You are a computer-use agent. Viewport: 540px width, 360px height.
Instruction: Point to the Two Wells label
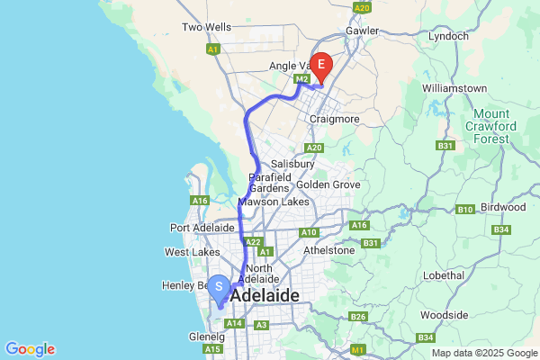[206, 28]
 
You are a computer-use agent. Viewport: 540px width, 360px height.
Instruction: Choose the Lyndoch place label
[448, 36]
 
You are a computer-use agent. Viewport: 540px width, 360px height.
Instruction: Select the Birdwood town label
[504, 207]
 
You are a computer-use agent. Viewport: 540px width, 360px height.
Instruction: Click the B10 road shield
[465, 210]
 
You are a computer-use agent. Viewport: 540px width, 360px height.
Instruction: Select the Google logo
[30, 349]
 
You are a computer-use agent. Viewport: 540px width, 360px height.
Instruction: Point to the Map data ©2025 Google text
[484, 353]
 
